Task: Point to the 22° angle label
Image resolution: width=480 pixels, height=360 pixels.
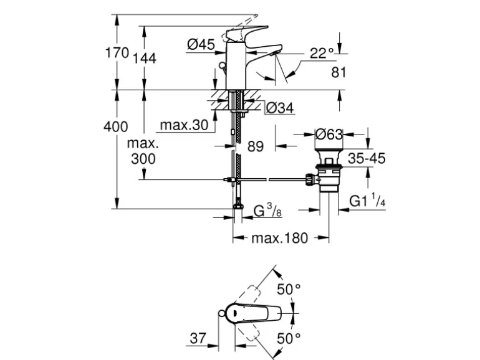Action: [323, 53]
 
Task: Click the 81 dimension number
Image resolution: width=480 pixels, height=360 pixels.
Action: [338, 72]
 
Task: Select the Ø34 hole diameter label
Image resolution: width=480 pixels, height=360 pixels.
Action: [279, 108]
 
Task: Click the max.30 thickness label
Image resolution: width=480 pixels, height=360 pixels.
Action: [183, 125]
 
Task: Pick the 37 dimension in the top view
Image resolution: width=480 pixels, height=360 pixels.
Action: [197, 338]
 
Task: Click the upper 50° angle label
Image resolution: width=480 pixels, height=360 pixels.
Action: [289, 290]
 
